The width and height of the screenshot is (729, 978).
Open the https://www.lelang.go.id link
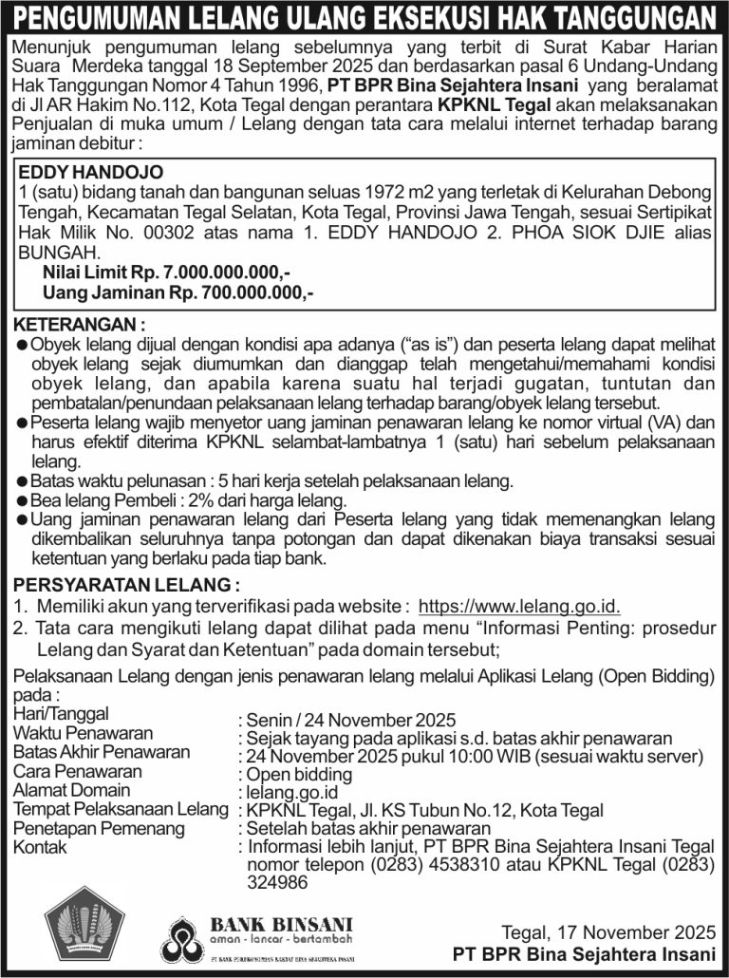pyautogui.click(x=519, y=607)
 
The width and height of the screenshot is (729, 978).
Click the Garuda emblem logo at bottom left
pyautogui.click(x=84, y=926)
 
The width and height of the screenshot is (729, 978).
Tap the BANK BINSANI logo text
pyautogui.click(x=280, y=924)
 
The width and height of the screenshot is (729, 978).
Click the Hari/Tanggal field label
pyautogui.click(x=61, y=713)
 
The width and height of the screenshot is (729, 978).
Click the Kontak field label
pyautogui.click(x=40, y=847)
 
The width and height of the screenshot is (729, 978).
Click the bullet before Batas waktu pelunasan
pyautogui.click(x=22, y=481)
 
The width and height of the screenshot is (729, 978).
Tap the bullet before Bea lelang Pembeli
pyautogui.click(x=22, y=500)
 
